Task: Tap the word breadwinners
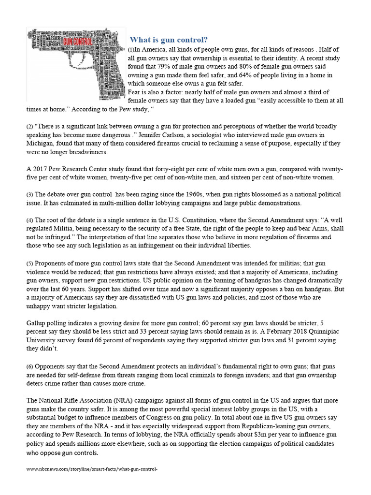click(x=84, y=152)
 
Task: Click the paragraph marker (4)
click(x=29, y=220)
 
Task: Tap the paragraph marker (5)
click(x=29, y=263)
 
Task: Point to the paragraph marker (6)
click(x=29, y=367)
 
